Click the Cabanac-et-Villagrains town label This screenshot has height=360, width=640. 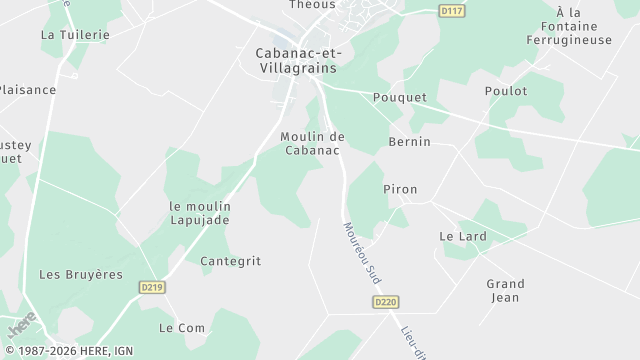288,61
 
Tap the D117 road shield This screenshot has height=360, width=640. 453,11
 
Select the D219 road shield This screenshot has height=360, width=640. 150,287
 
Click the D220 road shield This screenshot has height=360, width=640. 386,301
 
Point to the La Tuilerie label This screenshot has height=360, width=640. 75,33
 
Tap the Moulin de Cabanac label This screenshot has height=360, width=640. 312,143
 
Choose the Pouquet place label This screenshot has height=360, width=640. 399,97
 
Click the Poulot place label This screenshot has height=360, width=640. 506,90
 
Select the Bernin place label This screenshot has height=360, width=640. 409,142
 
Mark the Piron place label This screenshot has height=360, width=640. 400,189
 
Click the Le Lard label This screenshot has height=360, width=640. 462,236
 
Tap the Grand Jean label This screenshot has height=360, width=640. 505,290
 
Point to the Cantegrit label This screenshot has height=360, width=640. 230,261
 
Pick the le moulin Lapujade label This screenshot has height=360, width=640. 200,212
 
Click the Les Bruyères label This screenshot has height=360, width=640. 80,274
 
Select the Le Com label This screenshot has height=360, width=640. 181,327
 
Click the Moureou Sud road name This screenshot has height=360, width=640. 362,250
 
